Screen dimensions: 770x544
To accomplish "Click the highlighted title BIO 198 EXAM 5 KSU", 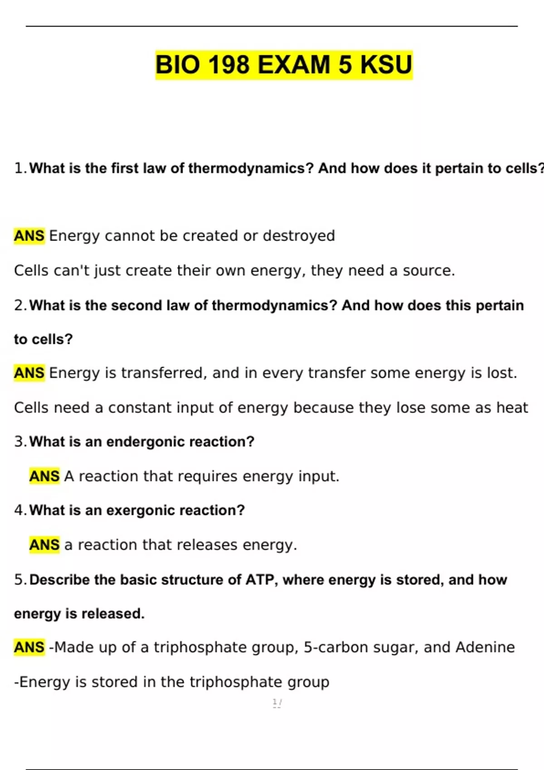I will click(284, 64).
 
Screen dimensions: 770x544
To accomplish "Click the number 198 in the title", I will click(228, 64).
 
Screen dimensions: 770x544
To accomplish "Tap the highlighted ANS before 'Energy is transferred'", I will click(29, 373).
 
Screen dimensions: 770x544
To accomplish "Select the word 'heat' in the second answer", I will click(512, 408).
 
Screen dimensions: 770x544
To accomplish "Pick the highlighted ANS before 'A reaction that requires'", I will click(44, 476).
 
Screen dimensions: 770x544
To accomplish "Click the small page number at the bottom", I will click(277, 703).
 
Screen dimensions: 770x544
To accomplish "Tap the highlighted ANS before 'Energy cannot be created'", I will click(29, 236).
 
